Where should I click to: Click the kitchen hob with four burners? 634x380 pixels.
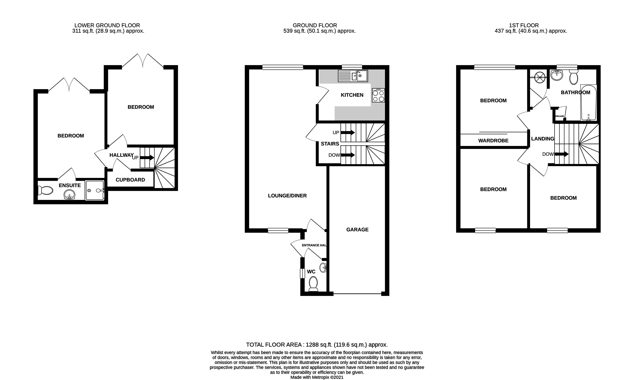[x=378, y=95]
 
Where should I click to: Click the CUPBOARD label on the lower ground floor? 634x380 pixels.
[x=130, y=180]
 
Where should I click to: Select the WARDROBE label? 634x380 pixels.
[x=493, y=141]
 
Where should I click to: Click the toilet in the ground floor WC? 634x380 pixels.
[x=313, y=284]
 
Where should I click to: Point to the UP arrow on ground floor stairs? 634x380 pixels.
[x=347, y=132]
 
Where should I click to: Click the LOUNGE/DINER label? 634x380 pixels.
[x=287, y=196]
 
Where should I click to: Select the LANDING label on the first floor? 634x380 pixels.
[x=542, y=139]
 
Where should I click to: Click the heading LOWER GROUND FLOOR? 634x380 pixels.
[x=107, y=25]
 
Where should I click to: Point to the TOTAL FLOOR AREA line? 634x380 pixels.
[x=317, y=345]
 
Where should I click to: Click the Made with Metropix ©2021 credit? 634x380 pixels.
[x=317, y=377]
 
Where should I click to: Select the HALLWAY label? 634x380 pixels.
[x=121, y=155]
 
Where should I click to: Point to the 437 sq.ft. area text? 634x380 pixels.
[x=531, y=31]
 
